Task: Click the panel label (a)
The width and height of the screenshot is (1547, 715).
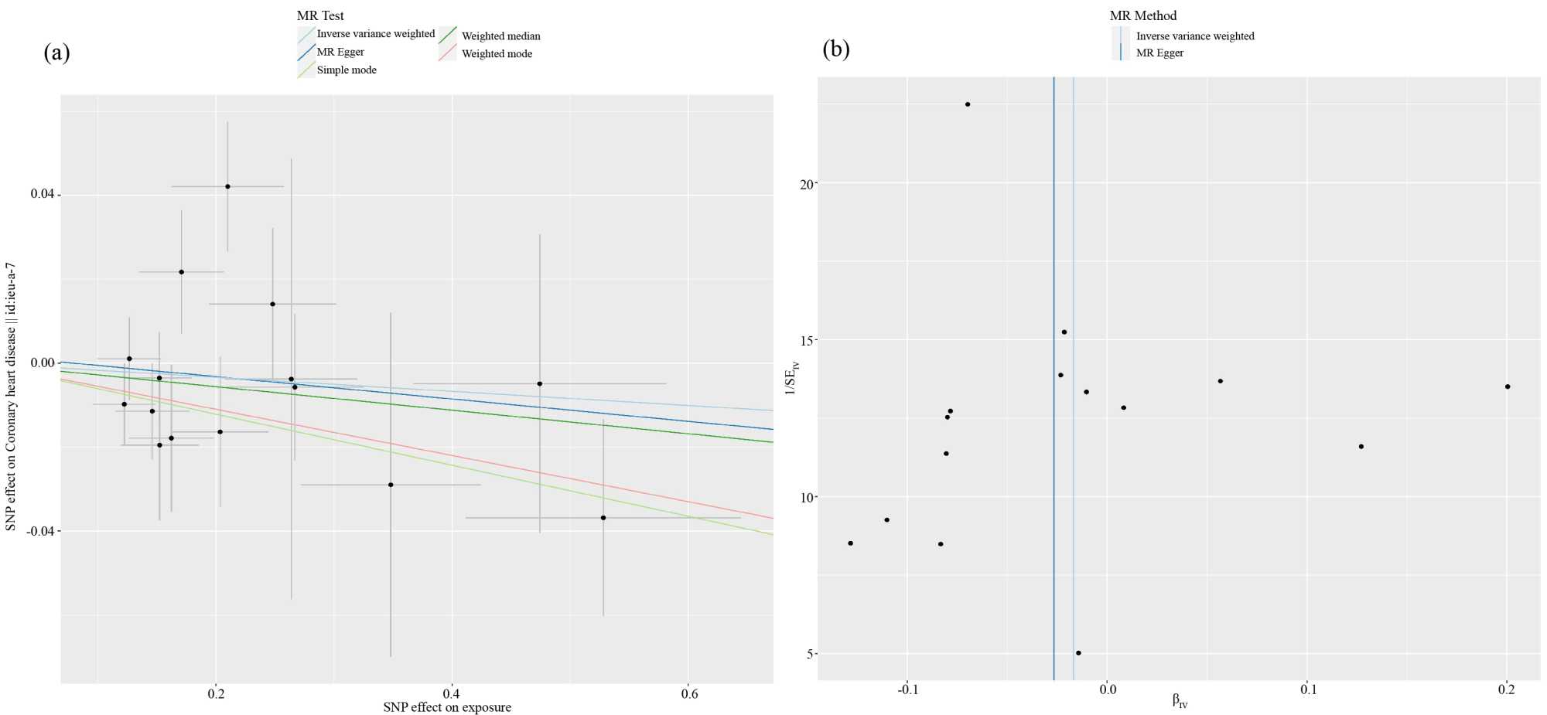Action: pos(56,53)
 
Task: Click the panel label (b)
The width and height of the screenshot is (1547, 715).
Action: pos(835,49)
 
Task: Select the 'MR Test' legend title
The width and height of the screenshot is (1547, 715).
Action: pos(320,15)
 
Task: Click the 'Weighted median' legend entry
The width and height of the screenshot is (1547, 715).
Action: pos(500,36)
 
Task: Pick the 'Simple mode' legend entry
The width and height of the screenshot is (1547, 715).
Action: pos(347,70)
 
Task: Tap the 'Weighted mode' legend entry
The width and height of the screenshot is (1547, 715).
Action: pos(497,53)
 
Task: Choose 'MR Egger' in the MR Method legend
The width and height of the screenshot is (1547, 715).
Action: pos(1159,53)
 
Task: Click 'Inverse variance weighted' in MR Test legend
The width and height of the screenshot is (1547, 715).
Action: pos(376,33)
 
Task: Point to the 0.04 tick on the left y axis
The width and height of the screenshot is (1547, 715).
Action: pos(43,193)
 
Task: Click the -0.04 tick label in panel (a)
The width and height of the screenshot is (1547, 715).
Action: pos(40,531)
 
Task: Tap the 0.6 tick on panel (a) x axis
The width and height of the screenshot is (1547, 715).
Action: pos(688,693)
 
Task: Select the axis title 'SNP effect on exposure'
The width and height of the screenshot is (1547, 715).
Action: pos(447,707)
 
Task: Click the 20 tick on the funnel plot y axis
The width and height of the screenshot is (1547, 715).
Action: pos(808,184)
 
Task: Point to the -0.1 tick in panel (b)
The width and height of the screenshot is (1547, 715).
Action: pos(907,689)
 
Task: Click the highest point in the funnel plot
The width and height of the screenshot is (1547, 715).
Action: pos(967,104)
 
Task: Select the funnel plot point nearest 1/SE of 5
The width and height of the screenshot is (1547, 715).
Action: pos(1078,653)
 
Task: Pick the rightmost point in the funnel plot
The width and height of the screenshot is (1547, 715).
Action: pos(1508,386)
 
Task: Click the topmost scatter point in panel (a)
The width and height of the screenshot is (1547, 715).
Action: pos(227,186)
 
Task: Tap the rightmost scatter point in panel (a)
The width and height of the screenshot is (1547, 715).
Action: pos(603,518)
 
